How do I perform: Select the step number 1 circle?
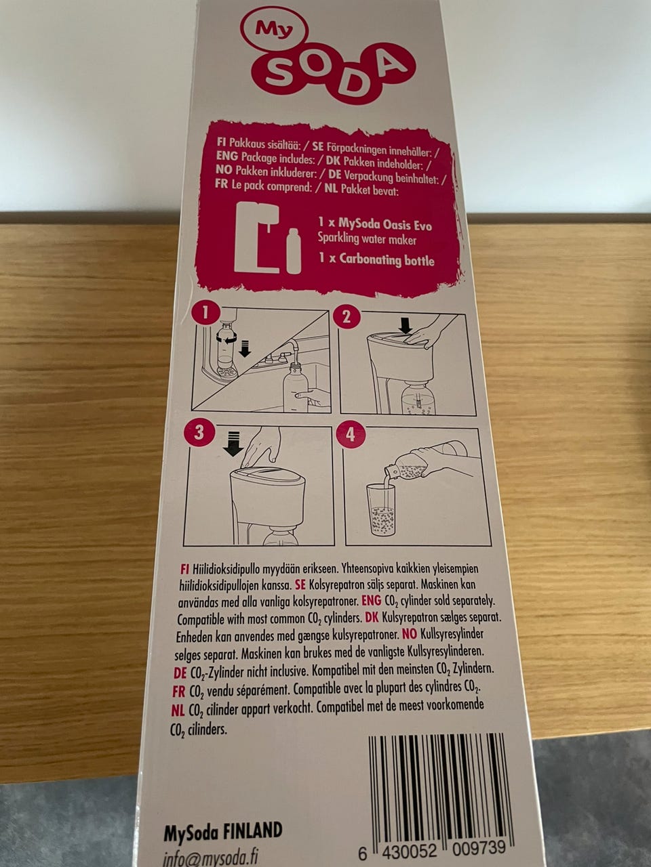point(204,314)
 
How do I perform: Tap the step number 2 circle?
point(346,317)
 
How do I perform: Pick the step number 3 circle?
point(199,433)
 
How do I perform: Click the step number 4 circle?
point(350,436)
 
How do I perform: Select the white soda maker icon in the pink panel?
point(257,237)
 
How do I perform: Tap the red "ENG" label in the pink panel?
point(227,156)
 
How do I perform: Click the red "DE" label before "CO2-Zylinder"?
point(180,672)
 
